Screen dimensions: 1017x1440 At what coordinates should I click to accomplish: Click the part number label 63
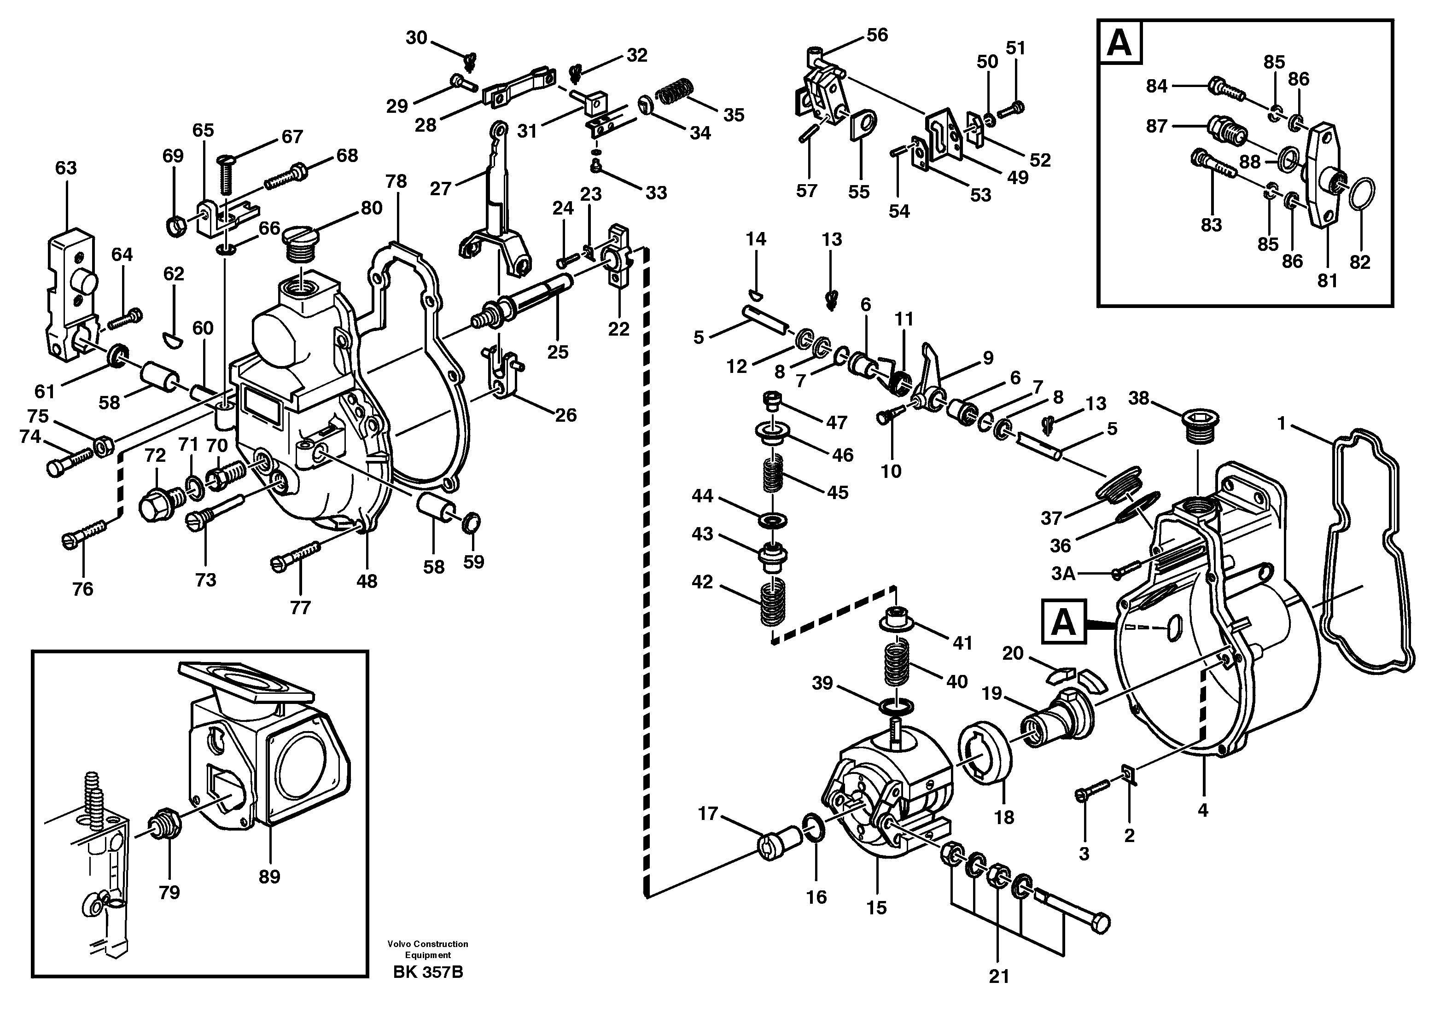(x=65, y=168)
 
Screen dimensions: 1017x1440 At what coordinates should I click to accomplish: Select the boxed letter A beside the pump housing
(x=1064, y=622)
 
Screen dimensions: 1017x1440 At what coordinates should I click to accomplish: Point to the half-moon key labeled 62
(x=173, y=339)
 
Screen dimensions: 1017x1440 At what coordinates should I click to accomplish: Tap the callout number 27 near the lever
(x=440, y=188)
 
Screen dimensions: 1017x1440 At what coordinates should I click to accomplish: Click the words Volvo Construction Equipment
(x=428, y=949)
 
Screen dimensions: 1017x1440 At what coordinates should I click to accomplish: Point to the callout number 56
(x=877, y=35)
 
